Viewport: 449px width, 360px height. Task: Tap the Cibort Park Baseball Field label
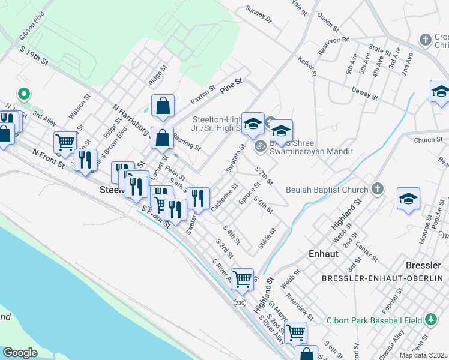374,320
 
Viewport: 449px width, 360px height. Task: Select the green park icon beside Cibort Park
431,319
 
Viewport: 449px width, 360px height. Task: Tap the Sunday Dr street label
259,15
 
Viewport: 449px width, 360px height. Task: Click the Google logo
20,353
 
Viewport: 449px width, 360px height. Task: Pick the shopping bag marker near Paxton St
163,107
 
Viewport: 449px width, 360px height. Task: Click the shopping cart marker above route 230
242,278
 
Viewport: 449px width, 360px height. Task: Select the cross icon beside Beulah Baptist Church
377,190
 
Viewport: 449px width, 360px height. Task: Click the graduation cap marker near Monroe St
408,199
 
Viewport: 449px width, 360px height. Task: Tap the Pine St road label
231,84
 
